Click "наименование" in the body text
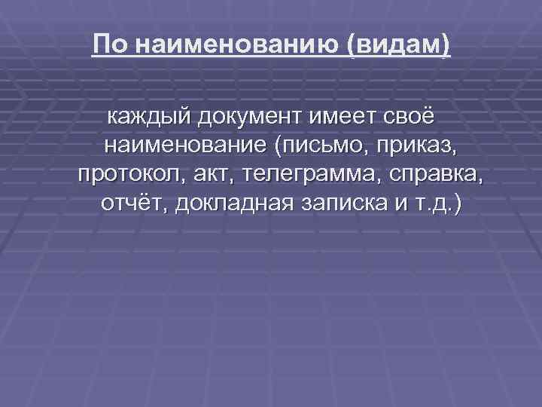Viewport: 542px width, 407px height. pyautogui.click(x=187, y=145)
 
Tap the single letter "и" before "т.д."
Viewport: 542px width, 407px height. pyautogui.click(x=397, y=203)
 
